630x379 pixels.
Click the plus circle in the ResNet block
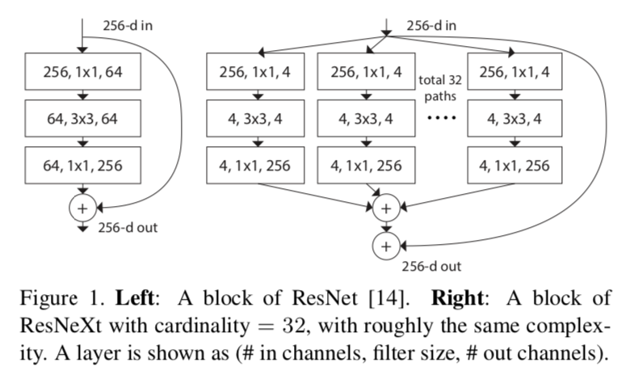(x=83, y=207)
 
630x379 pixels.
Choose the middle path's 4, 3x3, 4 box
(x=367, y=120)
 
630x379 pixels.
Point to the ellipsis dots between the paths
(x=441, y=120)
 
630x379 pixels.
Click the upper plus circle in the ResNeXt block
(x=386, y=208)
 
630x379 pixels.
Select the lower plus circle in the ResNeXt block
(x=386, y=246)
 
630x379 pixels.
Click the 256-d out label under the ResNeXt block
(x=432, y=266)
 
